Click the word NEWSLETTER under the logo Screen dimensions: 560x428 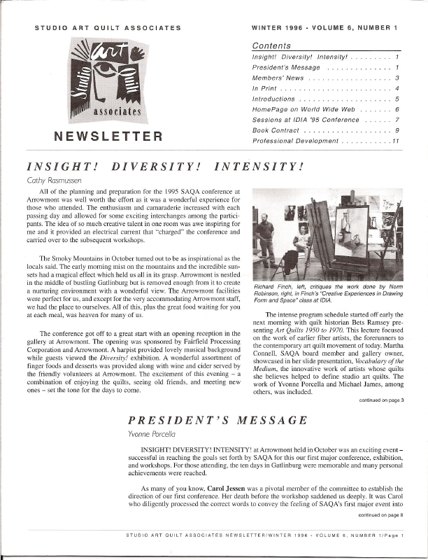pyautogui.click(x=108, y=136)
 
